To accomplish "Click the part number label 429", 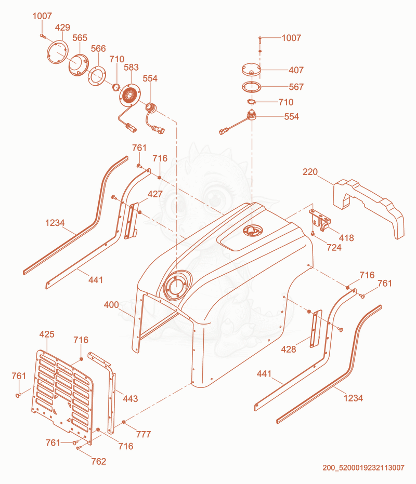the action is [63, 28].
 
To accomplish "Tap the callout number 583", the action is [131, 68].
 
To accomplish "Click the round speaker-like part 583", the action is [129, 95].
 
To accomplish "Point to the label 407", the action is [296, 70].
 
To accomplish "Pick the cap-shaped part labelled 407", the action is [251, 69].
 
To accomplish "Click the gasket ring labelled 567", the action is [243, 87].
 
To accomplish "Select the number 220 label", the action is [310, 171].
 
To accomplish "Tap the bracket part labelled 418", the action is [320, 219].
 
